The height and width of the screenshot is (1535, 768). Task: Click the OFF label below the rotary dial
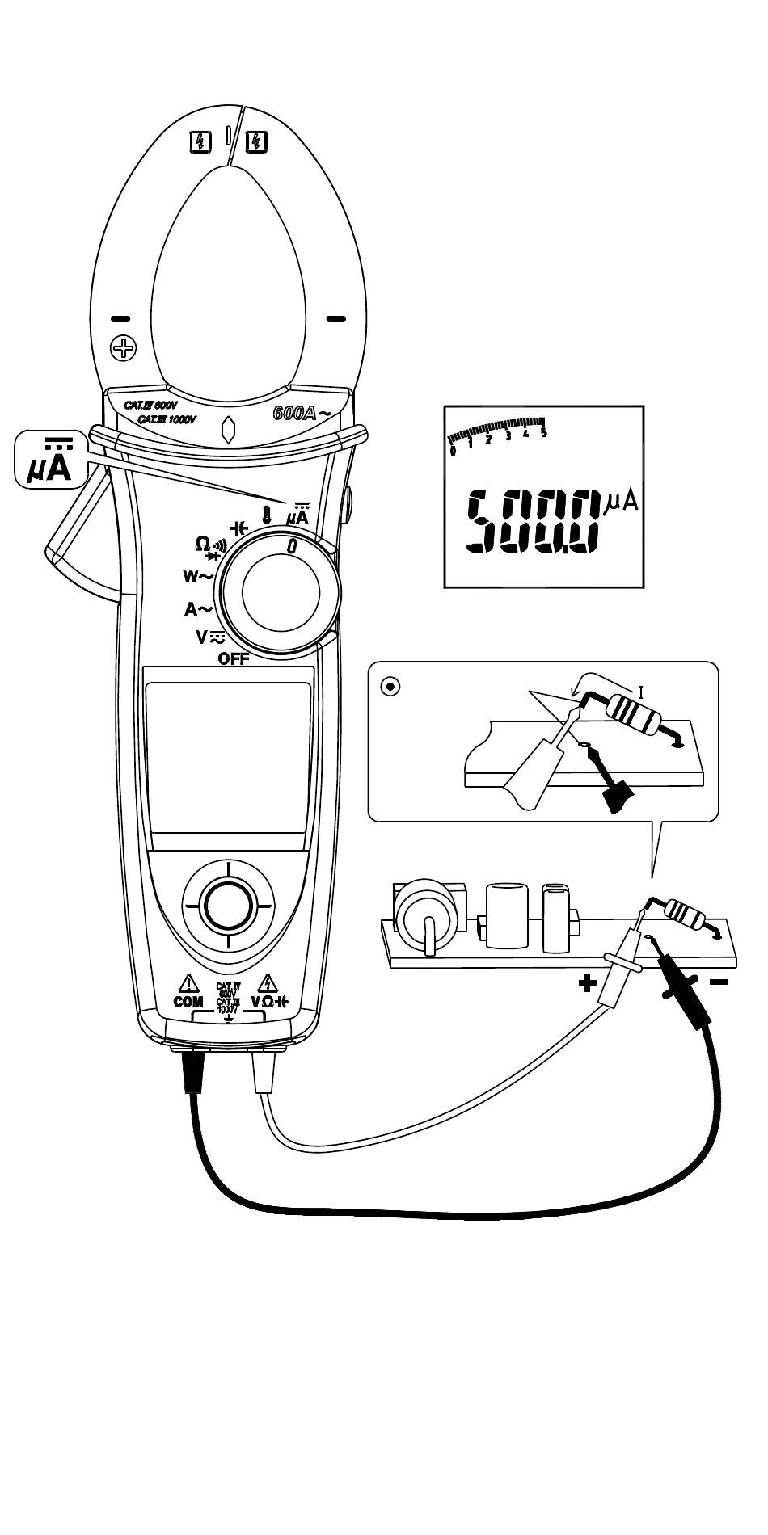point(234,658)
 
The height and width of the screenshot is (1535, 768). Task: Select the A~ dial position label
point(199,609)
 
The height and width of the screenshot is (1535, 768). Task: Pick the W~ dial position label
point(197,576)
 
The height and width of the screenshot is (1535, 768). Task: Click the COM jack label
point(188,1002)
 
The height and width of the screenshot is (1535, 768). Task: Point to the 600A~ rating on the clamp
point(302,414)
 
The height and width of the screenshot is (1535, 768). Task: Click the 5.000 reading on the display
point(534,521)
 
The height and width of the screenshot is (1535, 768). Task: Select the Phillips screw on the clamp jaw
point(124,349)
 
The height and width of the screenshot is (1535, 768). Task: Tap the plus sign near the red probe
point(587,983)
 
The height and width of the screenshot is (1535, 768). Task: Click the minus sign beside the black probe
point(719,982)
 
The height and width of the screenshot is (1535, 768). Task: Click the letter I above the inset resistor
point(641,691)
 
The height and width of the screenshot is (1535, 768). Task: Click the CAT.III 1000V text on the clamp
point(167,420)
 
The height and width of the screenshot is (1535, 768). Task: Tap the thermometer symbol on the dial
point(265,514)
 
